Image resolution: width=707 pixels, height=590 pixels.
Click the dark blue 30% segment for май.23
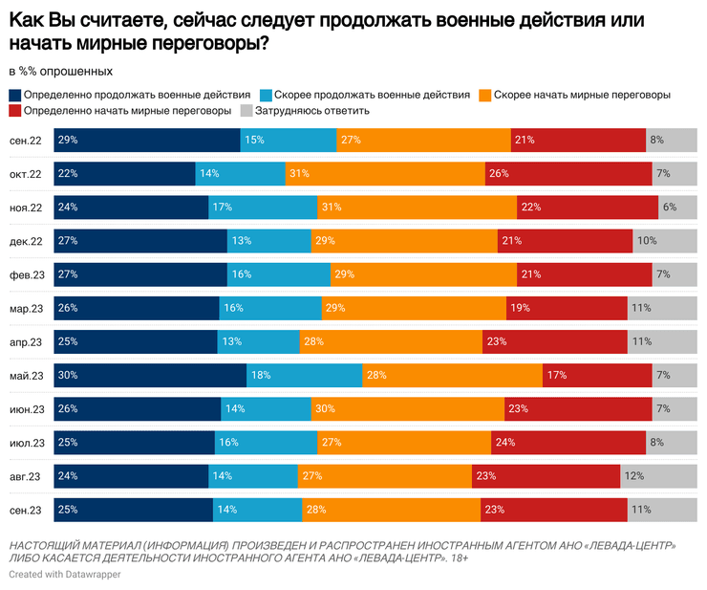coord(150,376)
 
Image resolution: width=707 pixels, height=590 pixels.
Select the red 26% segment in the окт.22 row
coord(568,174)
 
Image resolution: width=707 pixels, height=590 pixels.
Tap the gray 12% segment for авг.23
coord(658,476)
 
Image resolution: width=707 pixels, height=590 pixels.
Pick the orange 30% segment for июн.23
coord(407,409)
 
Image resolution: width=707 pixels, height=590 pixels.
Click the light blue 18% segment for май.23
coord(304,376)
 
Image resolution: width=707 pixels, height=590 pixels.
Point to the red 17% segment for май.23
coord(596,376)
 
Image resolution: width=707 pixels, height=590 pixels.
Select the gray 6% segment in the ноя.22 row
coord(677,208)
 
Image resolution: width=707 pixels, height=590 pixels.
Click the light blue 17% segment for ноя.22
coord(263,208)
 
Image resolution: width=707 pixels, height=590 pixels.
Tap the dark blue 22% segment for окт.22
coord(124,174)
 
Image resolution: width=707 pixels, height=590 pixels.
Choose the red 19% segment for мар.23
coord(567,309)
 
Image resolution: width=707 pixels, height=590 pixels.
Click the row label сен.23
coord(26,510)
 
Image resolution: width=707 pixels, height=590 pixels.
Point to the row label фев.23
coord(26,275)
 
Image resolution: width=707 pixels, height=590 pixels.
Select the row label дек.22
coord(26,241)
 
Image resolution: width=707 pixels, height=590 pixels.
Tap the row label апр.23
coord(26,342)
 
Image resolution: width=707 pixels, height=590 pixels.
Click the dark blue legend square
coord(15,96)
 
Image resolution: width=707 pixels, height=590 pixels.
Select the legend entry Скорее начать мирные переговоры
coord(580,96)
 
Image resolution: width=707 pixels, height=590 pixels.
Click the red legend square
coord(15,111)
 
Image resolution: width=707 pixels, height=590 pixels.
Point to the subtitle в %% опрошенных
coord(61,71)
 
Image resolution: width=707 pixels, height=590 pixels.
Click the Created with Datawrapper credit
coord(65,574)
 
